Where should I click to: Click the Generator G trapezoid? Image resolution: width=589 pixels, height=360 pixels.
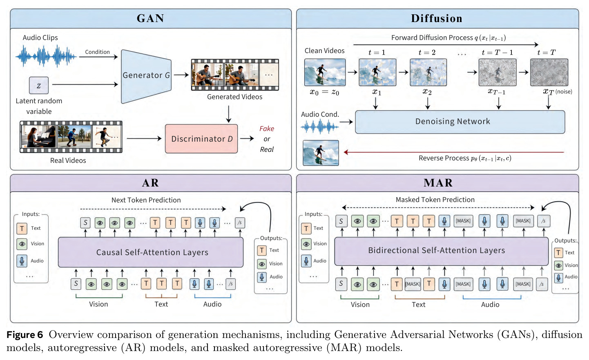tap(146, 76)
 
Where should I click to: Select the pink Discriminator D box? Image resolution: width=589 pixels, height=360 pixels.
tap(201, 139)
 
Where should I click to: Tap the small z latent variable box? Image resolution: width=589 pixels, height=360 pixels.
tap(39, 85)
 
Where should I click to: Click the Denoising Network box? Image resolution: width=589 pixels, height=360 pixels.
tap(460, 122)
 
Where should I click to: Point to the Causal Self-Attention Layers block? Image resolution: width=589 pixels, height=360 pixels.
tap(151, 252)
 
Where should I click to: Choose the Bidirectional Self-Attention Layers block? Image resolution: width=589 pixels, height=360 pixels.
tap(441, 251)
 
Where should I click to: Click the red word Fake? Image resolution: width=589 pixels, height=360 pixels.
tap(267, 129)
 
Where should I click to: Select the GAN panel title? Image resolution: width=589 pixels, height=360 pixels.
tap(150, 18)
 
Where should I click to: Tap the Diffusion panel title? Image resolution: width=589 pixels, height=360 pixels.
tap(437, 18)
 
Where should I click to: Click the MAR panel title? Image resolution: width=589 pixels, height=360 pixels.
tap(438, 183)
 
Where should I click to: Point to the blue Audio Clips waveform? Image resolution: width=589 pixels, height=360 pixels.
tap(46, 56)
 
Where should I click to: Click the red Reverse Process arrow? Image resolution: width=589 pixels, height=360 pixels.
tap(454, 152)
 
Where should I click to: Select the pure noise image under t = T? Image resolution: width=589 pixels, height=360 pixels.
tap(549, 72)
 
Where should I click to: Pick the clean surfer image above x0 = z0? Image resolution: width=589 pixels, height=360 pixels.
tap(325, 72)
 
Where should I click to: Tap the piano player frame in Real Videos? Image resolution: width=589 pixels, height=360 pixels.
tap(39, 137)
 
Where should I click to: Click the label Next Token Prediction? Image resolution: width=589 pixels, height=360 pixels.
tap(146, 200)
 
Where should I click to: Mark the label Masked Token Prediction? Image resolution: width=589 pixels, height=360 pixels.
tap(435, 200)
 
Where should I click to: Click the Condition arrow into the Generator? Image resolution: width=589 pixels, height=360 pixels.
tap(98, 57)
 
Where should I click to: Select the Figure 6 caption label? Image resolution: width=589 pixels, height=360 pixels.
tap(25, 335)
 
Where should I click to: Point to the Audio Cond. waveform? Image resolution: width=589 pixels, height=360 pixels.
tap(320, 127)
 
